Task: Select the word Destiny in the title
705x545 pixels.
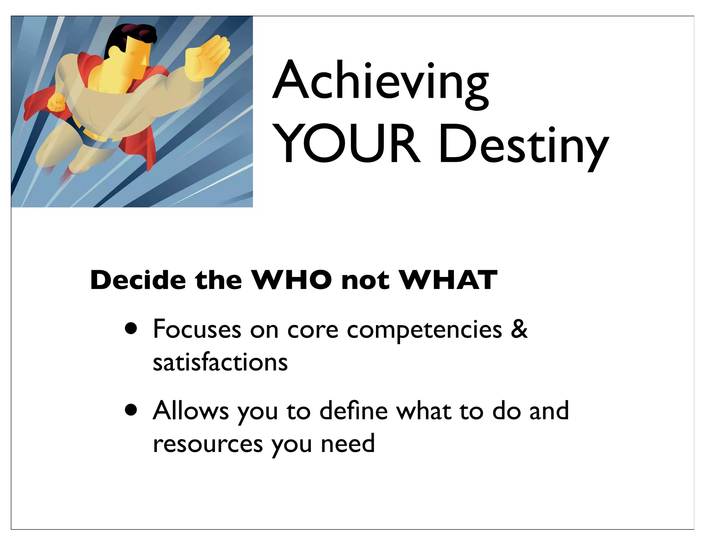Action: [x=523, y=146]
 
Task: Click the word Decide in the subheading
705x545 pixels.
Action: [x=138, y=280]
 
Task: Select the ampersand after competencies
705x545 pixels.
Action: [x=519, y=329]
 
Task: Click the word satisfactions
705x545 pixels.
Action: [x=220, y=362]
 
